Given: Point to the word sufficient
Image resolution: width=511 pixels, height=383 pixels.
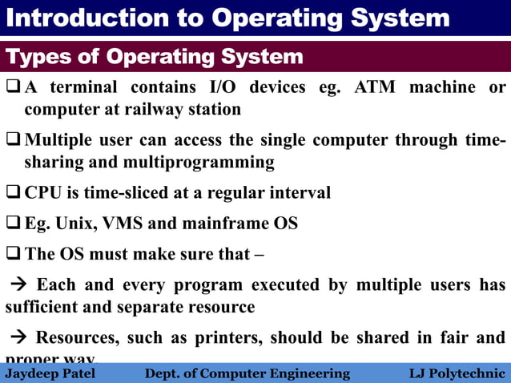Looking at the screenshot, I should tap(44, 307).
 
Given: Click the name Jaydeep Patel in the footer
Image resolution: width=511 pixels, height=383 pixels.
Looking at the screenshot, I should tap(50, 373).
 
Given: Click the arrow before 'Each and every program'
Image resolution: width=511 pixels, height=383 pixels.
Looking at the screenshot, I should tap(17, 285).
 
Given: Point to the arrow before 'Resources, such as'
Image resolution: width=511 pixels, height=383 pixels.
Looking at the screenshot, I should tap(17, 337).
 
